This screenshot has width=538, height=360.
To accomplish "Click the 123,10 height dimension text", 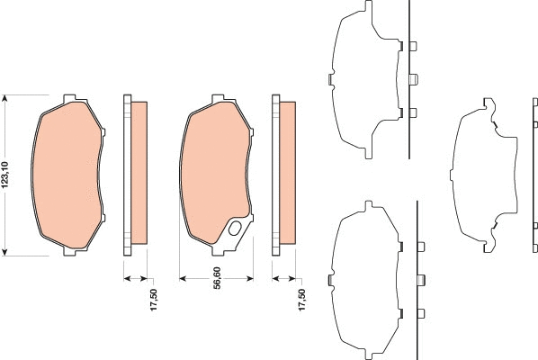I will (7, 174).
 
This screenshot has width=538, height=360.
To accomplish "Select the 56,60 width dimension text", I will (217, 300).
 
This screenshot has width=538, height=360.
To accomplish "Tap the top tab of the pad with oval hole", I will (217, 98).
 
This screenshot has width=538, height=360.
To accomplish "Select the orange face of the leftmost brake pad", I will (67, 175).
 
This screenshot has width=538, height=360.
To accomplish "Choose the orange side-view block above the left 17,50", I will (139, 173).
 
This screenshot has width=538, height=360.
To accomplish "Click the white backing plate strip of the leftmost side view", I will (127, 173).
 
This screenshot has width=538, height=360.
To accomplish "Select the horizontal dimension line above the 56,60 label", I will (216, 277).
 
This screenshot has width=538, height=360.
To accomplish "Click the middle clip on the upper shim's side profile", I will (412, 79).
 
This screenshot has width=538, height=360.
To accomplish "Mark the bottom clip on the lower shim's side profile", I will (421, 313).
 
